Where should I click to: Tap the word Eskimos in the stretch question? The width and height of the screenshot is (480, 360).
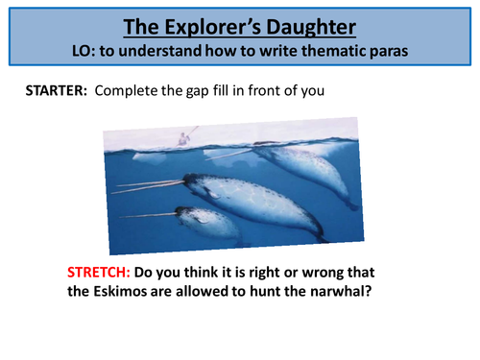tap(154, 292)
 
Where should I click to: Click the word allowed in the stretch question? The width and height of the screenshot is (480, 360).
tap(215, 292)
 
